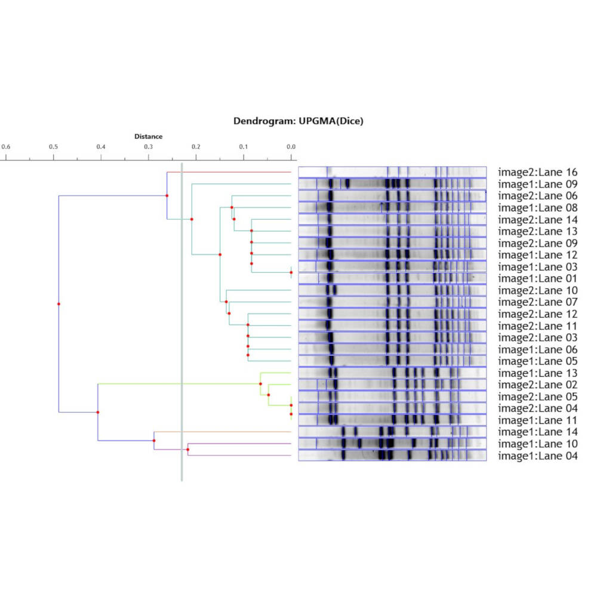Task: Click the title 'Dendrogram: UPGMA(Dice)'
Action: pos(298,121)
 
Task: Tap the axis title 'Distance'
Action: pos(148,137)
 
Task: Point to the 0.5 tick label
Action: pos(53,147)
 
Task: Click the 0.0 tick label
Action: pos(291,147)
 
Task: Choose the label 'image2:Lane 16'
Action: pos(538,172)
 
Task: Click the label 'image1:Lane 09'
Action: pos(538,184)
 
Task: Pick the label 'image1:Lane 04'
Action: pos(538,456)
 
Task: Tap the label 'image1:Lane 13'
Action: pos(538,373)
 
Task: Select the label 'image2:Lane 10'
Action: pos(538,290)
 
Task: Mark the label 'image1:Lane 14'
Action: pos(538,432)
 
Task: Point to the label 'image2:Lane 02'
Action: pos(538,385)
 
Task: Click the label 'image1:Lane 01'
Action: pos(538,279)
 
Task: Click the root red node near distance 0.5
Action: pos(59,304)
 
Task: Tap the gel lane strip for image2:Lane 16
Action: pos(392,172)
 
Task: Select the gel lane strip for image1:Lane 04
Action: pos(392,456)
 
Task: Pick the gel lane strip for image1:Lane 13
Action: pos(392,373)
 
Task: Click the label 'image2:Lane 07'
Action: pos(538,302)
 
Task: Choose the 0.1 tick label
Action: pos(243,147)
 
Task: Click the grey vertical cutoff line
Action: pos(181,322)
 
